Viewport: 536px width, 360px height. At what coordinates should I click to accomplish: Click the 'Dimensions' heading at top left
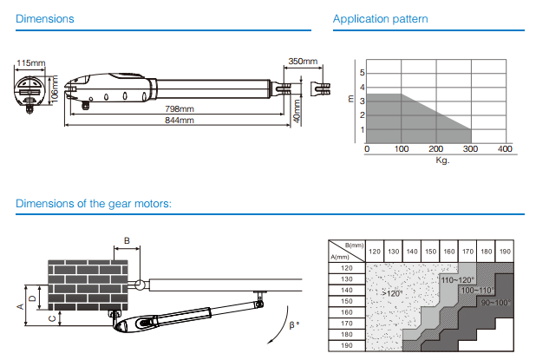pos(45,19)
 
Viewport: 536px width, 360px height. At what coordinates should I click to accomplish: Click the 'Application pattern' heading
pos(381,19)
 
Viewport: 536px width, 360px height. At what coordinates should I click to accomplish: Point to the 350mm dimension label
pos(304,62)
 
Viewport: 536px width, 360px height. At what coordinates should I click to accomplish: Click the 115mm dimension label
pos(30,62)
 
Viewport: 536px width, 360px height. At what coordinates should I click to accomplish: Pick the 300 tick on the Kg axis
pos(471,149)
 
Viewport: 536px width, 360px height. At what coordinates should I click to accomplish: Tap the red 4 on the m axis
pos(363,88)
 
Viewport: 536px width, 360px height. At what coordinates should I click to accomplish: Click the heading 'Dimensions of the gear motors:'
pos(94,205)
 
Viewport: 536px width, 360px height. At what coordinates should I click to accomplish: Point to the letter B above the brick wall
pos(127,239)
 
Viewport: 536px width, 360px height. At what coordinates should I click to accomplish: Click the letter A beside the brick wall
pos(20,305)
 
